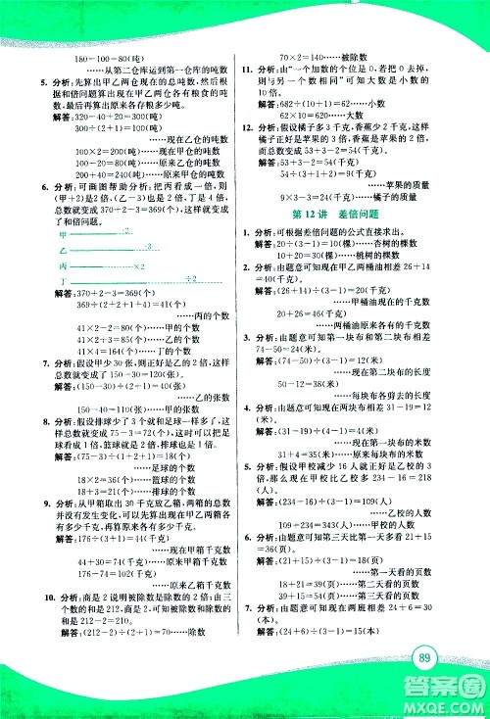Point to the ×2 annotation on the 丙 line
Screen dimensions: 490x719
click(x=139, y=265)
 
